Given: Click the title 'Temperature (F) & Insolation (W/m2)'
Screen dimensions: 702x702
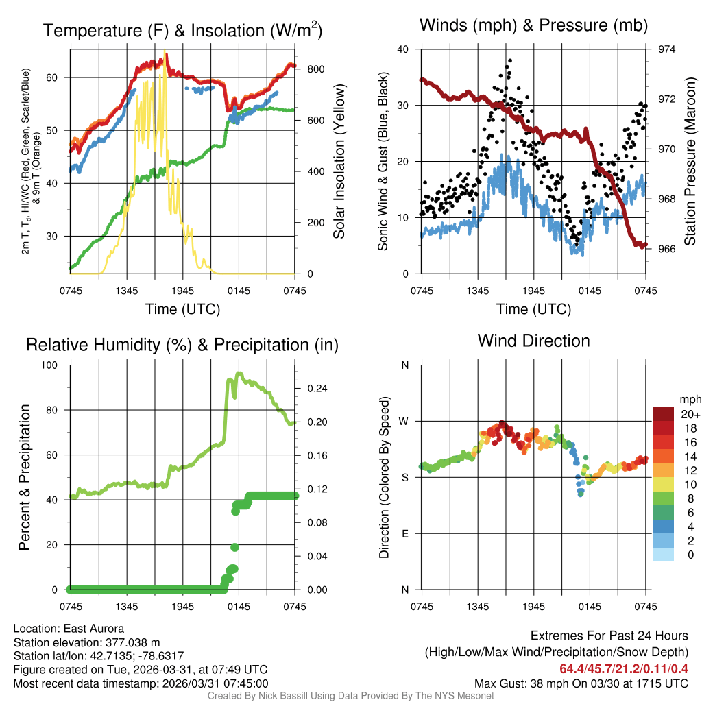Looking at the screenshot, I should [182, 30].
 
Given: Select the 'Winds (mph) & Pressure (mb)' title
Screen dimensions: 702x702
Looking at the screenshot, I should [533, 25].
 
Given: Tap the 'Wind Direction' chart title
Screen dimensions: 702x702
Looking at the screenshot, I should [533, 341].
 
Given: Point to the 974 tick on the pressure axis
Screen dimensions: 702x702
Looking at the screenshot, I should [667, 49].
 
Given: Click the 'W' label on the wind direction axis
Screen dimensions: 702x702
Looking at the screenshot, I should [405, 421].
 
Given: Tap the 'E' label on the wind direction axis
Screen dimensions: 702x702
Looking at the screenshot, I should [405, 533].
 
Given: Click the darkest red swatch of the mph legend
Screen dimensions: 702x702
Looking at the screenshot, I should [664, 413].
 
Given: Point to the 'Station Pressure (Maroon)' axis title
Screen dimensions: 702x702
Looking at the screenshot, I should [690, 161].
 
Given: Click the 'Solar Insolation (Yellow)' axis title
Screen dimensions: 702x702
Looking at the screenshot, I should [339, 161].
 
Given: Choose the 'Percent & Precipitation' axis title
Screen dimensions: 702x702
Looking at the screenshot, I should [25, 477].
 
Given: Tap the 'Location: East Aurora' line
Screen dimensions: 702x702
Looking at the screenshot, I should [69, 628].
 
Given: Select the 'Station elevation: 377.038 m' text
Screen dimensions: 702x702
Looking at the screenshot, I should [86, 642].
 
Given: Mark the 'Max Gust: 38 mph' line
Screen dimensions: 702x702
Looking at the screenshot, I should [581, 683].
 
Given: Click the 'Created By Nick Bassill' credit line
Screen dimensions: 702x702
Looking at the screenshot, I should [350, 696].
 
